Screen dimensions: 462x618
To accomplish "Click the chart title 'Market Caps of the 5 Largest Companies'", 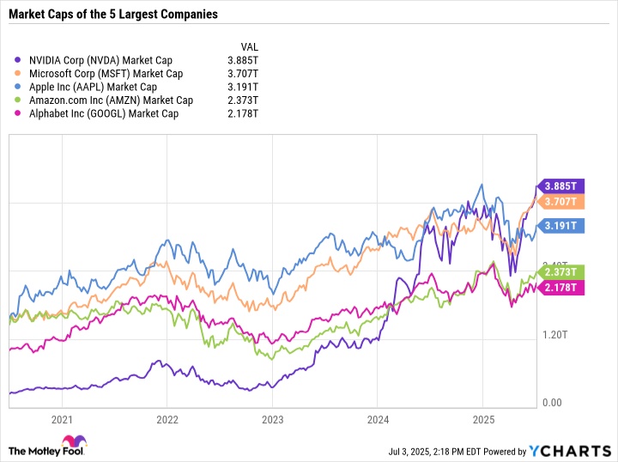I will point(113,15).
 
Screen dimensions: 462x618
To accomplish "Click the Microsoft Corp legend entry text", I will point(106,74).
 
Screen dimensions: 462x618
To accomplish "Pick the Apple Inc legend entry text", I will point(93,87).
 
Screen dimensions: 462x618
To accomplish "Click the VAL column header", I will point(249,46).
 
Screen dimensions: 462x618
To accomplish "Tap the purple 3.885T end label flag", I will point(561,185).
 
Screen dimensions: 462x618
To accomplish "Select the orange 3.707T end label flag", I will point(561,202).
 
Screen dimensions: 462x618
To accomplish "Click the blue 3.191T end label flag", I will point(561,227).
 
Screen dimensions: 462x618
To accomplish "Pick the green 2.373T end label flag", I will point(561,272).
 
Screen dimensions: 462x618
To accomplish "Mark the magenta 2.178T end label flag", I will point(561,286).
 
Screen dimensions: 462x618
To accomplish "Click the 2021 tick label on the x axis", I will point(61,421).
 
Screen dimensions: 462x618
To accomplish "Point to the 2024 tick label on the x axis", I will point(377,421).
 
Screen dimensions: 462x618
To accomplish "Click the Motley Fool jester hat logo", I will point(19,450).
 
